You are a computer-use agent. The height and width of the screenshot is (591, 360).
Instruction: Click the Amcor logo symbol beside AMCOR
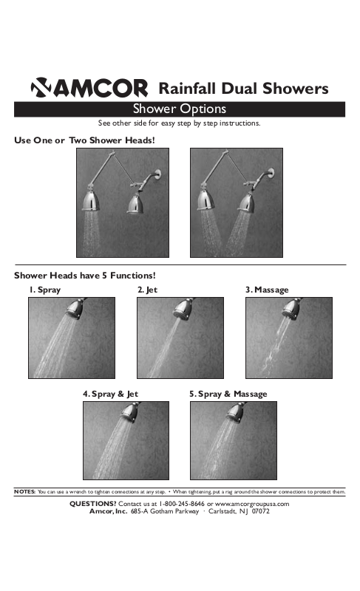pos(41,87)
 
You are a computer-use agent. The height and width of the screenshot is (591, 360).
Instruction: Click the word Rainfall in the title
pos(187,88)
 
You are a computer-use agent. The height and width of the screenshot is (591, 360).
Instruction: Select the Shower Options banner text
pos(180,109)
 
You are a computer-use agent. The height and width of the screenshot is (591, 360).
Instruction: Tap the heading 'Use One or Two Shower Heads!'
pos(84,140)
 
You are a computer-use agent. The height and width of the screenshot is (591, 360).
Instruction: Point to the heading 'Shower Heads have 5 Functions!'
pos(85,276)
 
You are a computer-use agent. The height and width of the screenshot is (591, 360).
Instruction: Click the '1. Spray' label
pos(45,290)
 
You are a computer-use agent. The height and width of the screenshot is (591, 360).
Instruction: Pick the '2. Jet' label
pos(147,290)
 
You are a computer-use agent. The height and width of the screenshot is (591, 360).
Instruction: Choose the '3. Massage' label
pos(267,290)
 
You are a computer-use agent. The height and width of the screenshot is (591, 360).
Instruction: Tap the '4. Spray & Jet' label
pos(110,394)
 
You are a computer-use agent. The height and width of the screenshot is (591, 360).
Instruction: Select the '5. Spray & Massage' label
pos(228,394)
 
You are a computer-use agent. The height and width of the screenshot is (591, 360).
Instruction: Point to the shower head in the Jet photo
pos(184,309)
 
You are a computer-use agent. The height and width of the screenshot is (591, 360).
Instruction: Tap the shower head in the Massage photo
pos(293,309)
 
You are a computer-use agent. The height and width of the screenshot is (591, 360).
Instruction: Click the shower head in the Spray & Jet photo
pos(130,412)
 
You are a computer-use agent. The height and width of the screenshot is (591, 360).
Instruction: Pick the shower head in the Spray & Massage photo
pos(237,412)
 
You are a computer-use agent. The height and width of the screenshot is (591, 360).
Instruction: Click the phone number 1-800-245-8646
pos(182,504)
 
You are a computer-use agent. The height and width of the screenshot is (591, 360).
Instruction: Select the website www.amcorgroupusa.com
pos(252,504)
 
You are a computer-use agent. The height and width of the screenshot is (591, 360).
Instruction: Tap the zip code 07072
pos(261,511)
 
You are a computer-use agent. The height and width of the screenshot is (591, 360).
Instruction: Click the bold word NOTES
pos(25,491)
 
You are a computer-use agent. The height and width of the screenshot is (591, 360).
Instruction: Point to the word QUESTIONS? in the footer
pos(93,504)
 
